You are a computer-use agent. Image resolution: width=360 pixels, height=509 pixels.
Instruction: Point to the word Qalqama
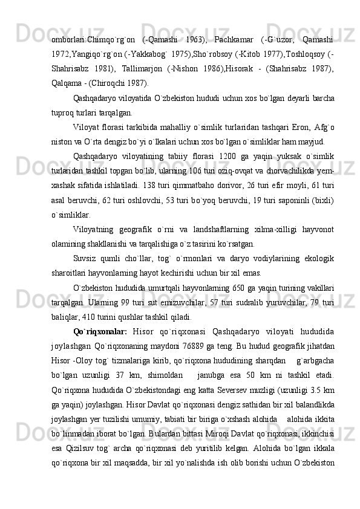[67, 83]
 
